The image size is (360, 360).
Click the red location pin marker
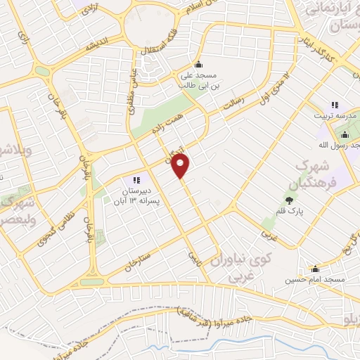click(x=181, y=167)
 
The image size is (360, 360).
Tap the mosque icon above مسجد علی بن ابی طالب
click(x=198, y=65)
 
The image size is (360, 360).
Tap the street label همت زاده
click(x=165, y=124)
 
